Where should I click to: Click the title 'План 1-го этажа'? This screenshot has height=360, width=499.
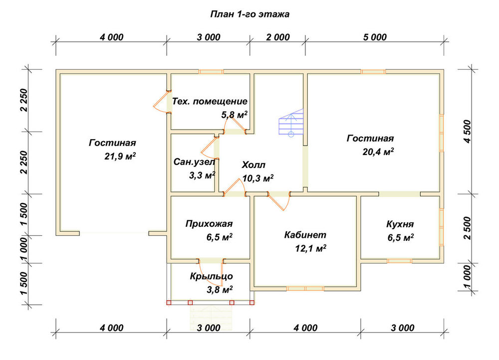[250, 14]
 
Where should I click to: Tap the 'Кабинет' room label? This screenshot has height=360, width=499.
[305, 235]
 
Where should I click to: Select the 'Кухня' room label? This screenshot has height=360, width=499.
[400, 224]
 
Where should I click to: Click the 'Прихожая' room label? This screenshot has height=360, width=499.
[209, 224]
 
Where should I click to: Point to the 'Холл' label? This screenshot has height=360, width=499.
[253, 165]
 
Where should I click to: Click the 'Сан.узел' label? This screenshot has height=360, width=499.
[194, 162]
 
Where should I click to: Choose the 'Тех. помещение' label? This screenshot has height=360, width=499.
[210, 101]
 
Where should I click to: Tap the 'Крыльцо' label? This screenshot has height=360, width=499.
[211, 276]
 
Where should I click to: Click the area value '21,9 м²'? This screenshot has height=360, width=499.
[120, 156]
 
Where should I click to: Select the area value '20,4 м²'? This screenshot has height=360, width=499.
[378, 152]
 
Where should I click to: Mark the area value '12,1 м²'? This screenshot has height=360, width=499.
[310, 248]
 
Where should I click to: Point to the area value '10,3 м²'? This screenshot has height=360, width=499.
[258, 179]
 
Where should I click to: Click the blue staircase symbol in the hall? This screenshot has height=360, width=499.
[291, 123]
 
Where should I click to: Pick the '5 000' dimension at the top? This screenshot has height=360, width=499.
[375, 37]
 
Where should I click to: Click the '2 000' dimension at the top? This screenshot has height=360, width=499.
[278, 37]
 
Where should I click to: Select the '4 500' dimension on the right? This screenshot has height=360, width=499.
[467, 131]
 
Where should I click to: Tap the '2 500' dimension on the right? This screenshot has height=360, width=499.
[467, 228]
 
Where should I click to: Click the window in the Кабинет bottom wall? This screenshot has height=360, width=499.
[305, 289]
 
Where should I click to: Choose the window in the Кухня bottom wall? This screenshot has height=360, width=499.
[399, 261]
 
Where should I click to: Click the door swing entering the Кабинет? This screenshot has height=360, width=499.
[279, 201]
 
